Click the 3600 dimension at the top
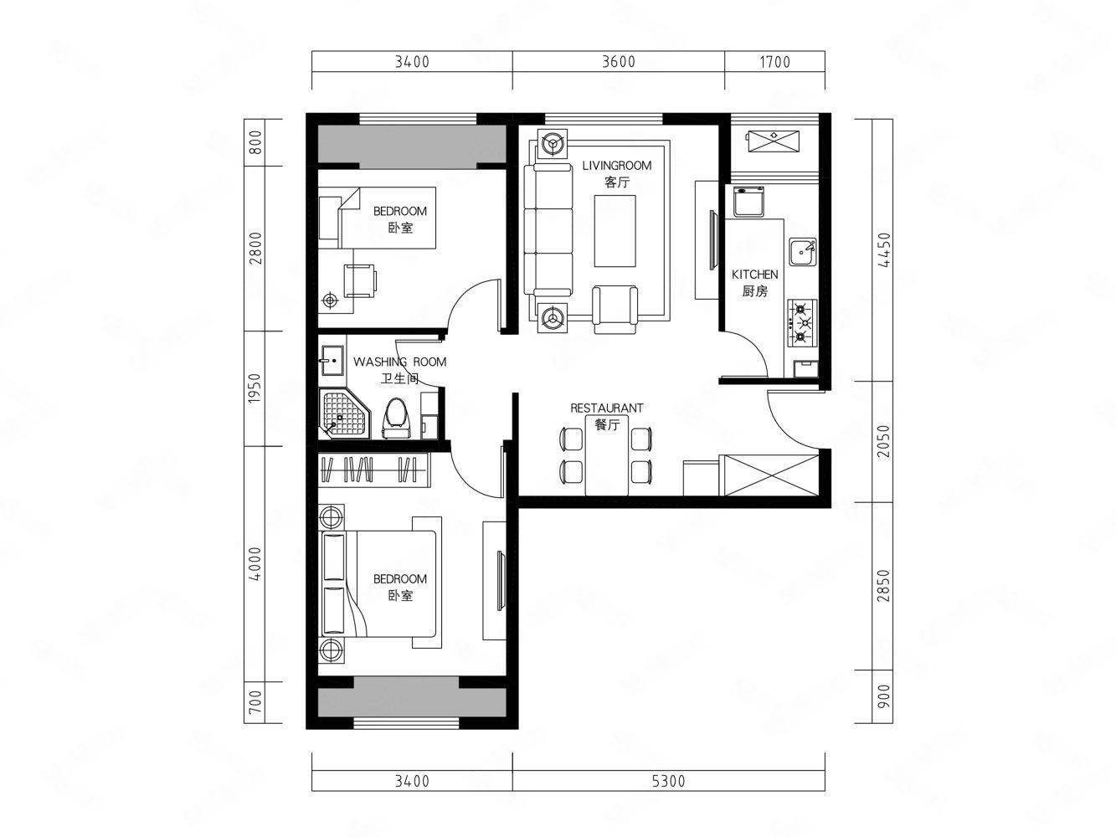click(x=618, y=61)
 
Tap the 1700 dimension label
click(x=775, y=62)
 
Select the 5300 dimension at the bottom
click(x=669, y=781)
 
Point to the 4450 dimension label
click(x=885, y=249)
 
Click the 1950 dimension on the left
click(x=255, y=388)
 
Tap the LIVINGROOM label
click(x=617, y=166)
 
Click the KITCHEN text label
click(x=754, y=275)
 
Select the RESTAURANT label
click(x=606, y=408)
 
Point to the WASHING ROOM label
click(x=399, y=362)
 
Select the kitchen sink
click(x=803, y=252)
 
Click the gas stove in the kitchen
click(x=803, y=323)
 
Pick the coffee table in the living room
click(x=615, y=232)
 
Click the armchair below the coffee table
click(x=615, y=310)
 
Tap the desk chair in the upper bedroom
click(x=360, y=280)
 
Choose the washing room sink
click(x=332, y=361)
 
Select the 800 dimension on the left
click(x=255, y=142)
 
